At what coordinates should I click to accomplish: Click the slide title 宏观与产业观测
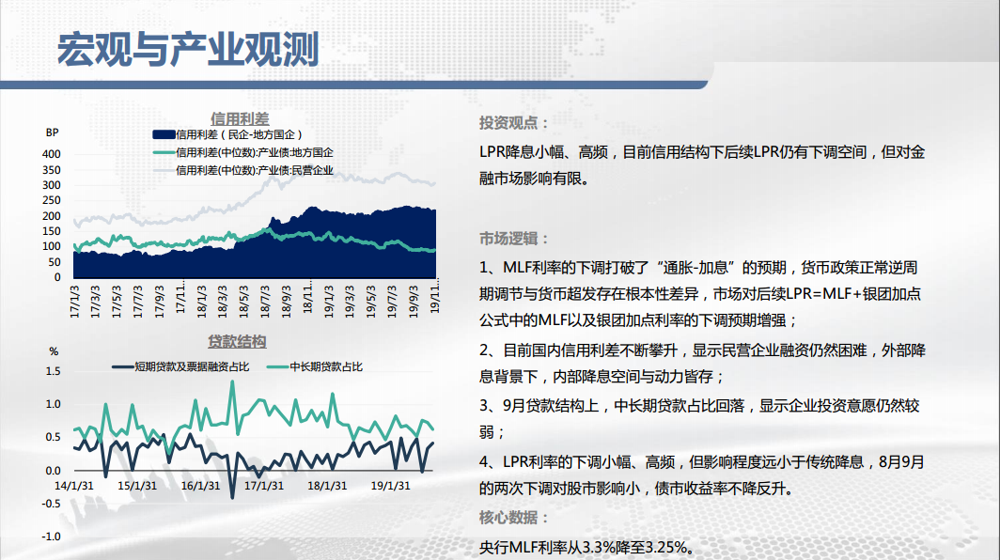[188, 50]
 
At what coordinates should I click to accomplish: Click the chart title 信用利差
[240, 119]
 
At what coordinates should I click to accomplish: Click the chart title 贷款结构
[237, 342]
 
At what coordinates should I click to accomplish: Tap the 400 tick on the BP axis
[52, 154]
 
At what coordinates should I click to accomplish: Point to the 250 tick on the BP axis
[52, 200]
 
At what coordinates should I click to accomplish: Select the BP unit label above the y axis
[53, 132]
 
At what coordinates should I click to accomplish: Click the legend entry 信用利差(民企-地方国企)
[227, 134]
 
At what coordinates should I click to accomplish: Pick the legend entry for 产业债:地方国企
[243, 152]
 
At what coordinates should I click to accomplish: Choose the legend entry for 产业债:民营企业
[243, 170]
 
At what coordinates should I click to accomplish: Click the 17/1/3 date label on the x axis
[74, 301]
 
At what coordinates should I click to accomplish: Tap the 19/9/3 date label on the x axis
[414, 301]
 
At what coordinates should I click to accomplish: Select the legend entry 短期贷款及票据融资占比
[180, 366]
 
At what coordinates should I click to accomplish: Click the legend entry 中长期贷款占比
[315, 366]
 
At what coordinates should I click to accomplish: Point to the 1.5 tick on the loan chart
[54, 371]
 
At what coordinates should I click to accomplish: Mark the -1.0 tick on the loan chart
[52, 537]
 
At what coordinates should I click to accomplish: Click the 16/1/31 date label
[200, 486]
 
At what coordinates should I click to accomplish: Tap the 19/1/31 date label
[390, 486]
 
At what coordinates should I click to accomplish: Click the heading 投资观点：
[514, 122]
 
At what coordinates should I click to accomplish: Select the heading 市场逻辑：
[514, 239]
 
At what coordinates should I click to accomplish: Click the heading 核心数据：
[514, 518]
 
